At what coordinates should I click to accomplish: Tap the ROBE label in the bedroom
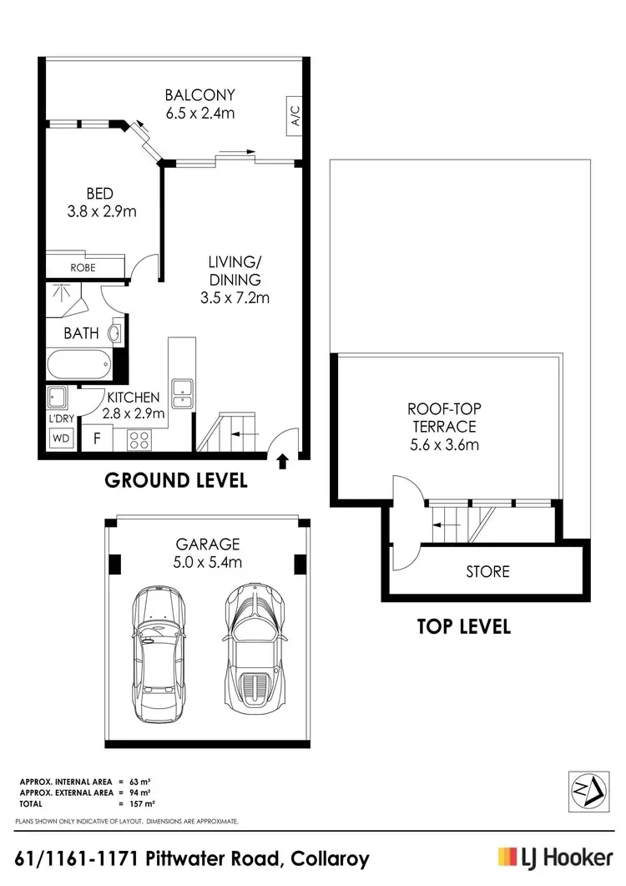pyautogui.click(x=83, y=267)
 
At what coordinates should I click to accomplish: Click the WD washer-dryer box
pyautogui.click(x=61, y=437)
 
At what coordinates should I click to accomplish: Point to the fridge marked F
pyautogui.click(x=98, y=437)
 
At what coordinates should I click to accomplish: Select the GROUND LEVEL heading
pyautogui.click(x=175, y=480)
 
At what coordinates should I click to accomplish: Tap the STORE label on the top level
pyautogui.click(x=487, y=572)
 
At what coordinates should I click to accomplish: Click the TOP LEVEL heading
pyautogui.click(x=463, y=626)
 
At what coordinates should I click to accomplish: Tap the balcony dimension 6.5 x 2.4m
pyautogui.click(x=199, y=111)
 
